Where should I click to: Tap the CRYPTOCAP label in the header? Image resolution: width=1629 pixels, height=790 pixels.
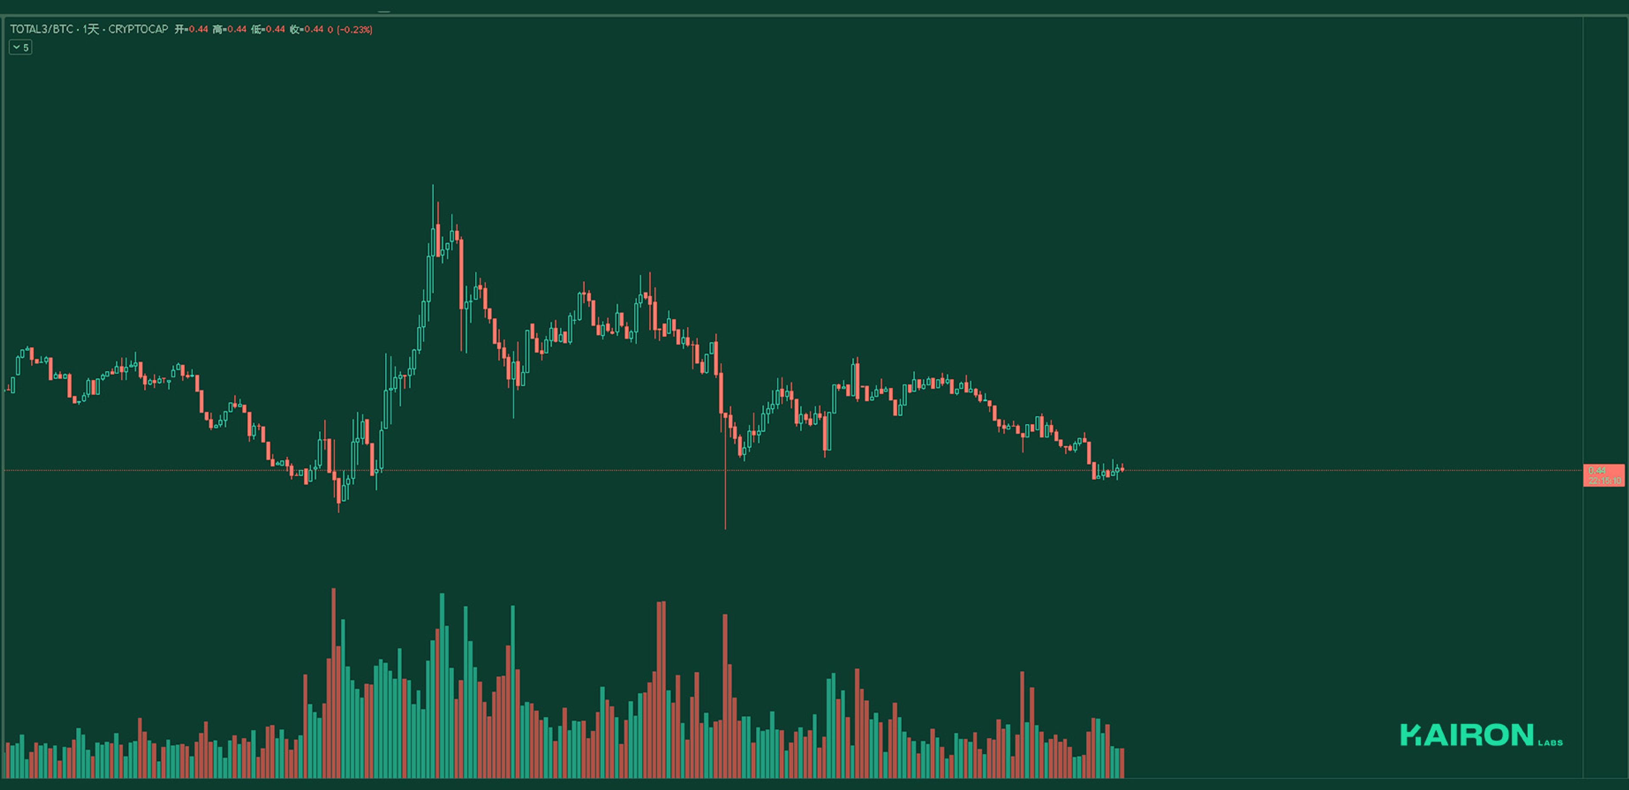(138, 29)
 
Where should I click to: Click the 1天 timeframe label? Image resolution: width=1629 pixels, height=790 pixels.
(91, 29)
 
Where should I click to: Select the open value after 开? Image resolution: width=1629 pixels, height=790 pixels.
(198, 29)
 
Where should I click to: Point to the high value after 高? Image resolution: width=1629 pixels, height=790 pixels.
(237, 29)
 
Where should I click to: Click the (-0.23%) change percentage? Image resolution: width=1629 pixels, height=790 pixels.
(355, 29)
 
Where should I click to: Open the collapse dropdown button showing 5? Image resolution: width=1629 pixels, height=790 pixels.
(20, 47)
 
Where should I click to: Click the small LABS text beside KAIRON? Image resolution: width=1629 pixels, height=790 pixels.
(1550, 743)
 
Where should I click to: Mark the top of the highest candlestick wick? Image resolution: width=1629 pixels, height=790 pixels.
(433, 186)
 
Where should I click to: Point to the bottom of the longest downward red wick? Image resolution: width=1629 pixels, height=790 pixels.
(725, 527)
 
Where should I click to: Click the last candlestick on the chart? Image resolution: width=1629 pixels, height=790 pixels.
(1122, 469)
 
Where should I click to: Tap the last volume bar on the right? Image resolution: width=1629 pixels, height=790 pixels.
(1122, 763)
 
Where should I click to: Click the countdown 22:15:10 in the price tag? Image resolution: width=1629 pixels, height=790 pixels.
(1604, 481)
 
